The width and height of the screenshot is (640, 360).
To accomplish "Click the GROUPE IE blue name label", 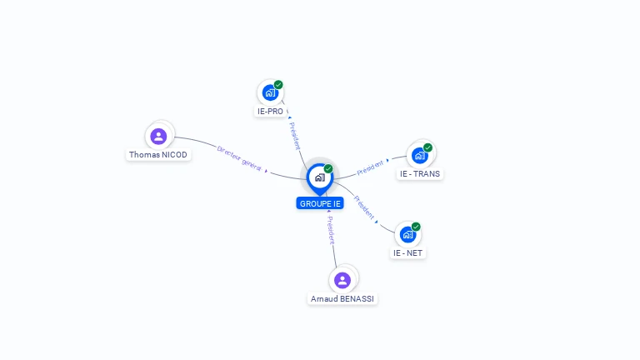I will (319, 203).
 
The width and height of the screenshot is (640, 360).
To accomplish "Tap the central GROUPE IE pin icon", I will (319, 177).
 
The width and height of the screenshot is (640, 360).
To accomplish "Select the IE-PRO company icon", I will (270, 92).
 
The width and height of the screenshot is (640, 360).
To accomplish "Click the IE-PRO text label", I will (270, 111).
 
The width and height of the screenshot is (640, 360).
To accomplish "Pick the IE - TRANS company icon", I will (420, 155).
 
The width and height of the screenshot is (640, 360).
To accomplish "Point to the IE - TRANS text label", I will (420, 174).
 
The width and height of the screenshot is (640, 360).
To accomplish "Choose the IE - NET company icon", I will (407, 234).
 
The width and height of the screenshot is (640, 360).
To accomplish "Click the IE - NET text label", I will (408, 252).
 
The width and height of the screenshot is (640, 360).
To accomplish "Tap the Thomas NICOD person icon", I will (158, 136).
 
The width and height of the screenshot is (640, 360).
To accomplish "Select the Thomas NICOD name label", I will (158, 155).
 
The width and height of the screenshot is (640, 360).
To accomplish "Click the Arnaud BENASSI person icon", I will (342, 280).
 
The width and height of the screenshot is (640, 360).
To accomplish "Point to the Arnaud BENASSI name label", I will (342, 298).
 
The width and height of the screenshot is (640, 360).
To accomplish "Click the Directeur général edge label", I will (239, 158).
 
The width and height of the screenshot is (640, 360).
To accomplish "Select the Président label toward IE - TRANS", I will (370, 167).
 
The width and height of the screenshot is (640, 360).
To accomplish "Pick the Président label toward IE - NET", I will (363, 207).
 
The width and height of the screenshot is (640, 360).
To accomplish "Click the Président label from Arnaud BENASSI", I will (330, 230).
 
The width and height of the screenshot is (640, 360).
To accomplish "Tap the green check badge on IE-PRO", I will (278, 85).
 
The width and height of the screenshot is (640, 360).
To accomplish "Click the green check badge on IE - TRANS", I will (427, 147).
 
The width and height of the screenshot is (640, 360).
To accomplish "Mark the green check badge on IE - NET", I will (416, 227).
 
